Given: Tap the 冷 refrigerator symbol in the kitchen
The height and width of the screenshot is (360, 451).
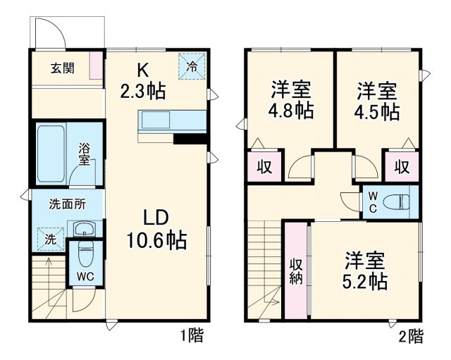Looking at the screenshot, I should tap(192, 67).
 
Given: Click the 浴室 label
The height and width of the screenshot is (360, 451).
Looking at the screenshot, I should tap(84, 154).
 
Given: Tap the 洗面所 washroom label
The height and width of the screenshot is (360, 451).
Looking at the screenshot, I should tap(67, 204).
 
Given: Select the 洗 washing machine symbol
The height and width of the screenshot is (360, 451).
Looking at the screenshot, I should tap(49, 238).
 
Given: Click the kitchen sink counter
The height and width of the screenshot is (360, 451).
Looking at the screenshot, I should tap(172, 121).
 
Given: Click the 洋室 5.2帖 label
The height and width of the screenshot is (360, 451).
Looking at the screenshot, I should tap(365, 271).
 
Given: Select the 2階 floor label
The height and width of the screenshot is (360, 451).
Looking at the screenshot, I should tap(412, 337).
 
